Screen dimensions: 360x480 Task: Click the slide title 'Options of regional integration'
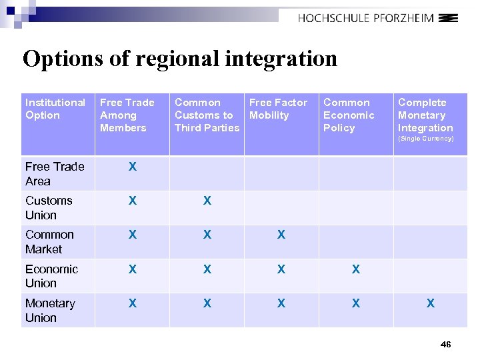point(180,59)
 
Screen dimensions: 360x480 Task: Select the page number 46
point(446,344)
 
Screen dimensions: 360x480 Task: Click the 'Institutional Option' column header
point(55,109)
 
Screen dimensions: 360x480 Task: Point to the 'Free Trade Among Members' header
point(127,115)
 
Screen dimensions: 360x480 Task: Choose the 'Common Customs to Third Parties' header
point(207,115)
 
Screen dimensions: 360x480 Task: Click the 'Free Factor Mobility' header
point(278,109)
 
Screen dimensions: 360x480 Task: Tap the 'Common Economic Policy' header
point(349,115)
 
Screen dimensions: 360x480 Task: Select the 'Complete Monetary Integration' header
point(425,115)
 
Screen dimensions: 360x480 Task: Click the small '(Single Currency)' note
point(425,139)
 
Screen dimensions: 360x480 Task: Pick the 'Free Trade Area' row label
point(55,173)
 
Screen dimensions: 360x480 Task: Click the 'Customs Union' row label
point(49,207)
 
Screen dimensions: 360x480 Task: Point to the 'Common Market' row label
point(49,241)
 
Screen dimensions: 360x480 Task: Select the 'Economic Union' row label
point(51,276)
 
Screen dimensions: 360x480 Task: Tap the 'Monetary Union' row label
point(50,310)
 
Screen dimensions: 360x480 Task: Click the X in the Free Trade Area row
point(133,167)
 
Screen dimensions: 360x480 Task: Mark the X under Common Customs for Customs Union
point(207,201)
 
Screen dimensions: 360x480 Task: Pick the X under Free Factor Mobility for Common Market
point(281,235)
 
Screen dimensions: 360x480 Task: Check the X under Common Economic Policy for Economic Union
point(356,269)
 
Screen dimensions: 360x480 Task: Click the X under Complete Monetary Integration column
point(431,303)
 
